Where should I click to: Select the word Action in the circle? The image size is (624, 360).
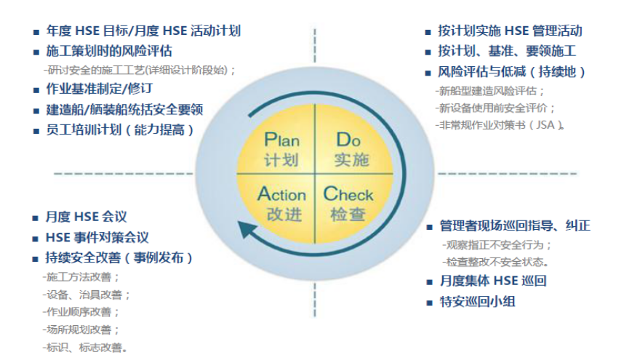click(281, 194)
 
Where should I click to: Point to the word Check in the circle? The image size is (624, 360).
click(348, 194)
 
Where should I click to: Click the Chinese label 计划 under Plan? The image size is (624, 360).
click(281, 159)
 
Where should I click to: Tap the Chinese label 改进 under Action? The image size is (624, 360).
click(281, 215)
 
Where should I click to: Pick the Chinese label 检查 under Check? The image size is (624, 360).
click(348, 215)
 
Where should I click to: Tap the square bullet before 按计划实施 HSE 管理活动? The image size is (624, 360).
click(428, 32)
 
